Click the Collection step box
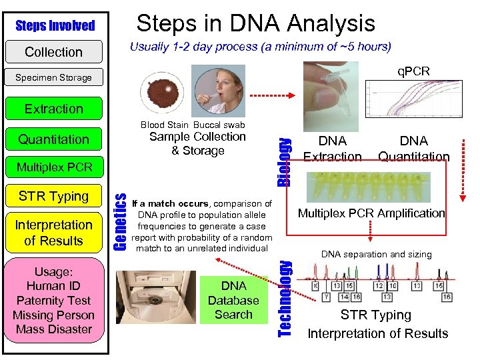[53, 52]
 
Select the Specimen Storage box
[53, 77]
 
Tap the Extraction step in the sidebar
[53, 109]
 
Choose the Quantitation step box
[53, 139]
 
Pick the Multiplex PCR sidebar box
[53, 166]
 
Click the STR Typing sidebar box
[53, 196]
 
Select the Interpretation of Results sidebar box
[53, 233]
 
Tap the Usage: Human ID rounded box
[53, 301]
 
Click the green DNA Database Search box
[233, 300]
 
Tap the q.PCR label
[414, 71]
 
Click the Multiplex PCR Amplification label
[371, 213]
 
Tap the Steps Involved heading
[55, 26]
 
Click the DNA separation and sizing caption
[377, 254]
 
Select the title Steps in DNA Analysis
[256, 24]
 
